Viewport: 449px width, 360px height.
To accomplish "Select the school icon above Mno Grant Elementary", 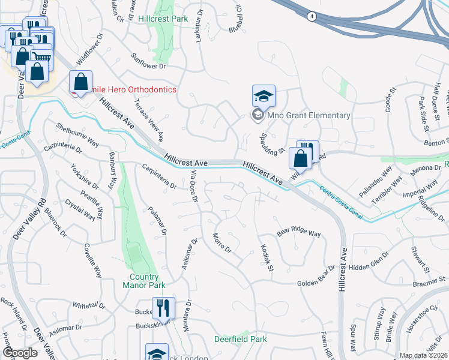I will [x=264, y=96].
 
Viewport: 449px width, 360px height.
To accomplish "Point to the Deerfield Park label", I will [x=241, y=339].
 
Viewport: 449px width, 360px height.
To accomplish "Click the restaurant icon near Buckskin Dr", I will [x=163, y=309].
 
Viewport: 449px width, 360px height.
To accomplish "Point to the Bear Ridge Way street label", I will [x=298, y=232].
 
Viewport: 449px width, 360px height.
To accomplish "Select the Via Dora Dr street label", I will [x=193, y=186].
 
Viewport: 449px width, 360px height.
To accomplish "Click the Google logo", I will [x=20, y=353].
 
